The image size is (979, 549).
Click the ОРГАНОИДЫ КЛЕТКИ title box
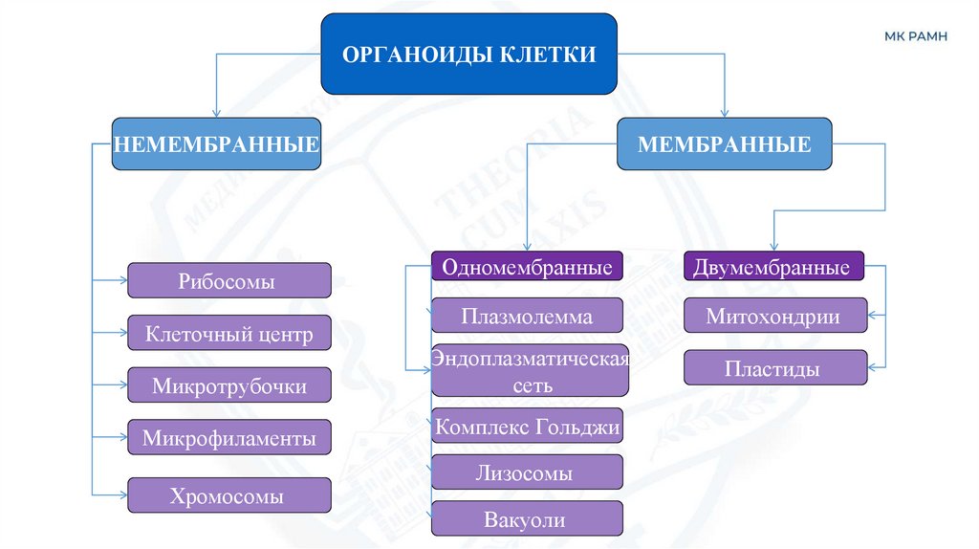tap(468, 54)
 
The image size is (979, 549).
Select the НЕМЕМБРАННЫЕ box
tap(216, 144)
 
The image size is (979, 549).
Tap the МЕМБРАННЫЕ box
tap(724, 144)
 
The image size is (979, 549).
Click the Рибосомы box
tap(229, 281)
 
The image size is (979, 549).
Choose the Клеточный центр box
tap(229, 334)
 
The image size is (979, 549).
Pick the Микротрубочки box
tap(229, 385)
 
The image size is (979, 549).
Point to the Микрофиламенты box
tap(229, 438)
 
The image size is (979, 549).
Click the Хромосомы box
tap(229, 495)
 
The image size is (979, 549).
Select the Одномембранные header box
tap(527, 267)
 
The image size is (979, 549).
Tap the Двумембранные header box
tap(773, 267)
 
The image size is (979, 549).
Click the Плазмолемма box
tap(527, 316)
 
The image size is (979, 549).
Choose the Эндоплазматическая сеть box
tap(530, 370)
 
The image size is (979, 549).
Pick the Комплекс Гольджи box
tap(527, 426)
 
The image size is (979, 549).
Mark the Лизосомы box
tap(527, 472)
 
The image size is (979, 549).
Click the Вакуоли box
tap(527, 519)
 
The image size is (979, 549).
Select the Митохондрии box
tap(775, 316)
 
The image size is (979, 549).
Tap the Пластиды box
tap(775, 368)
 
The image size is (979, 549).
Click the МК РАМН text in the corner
tap(916, 36)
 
